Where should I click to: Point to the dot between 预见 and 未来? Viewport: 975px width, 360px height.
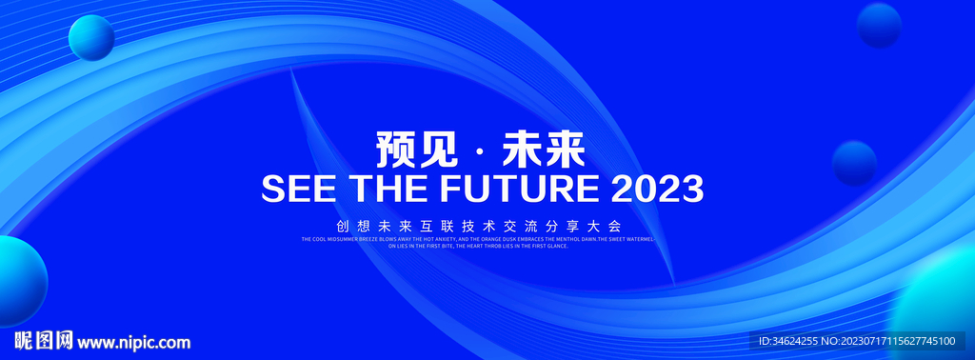478,152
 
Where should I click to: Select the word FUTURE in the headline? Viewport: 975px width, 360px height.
517,189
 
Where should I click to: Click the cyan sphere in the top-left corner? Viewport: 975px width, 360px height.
91,39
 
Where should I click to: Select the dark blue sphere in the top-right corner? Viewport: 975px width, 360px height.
879,25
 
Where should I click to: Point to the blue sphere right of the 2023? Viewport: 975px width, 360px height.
854,163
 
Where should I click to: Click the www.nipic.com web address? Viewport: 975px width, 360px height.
133,342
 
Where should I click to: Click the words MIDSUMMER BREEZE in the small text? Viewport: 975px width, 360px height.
356,239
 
